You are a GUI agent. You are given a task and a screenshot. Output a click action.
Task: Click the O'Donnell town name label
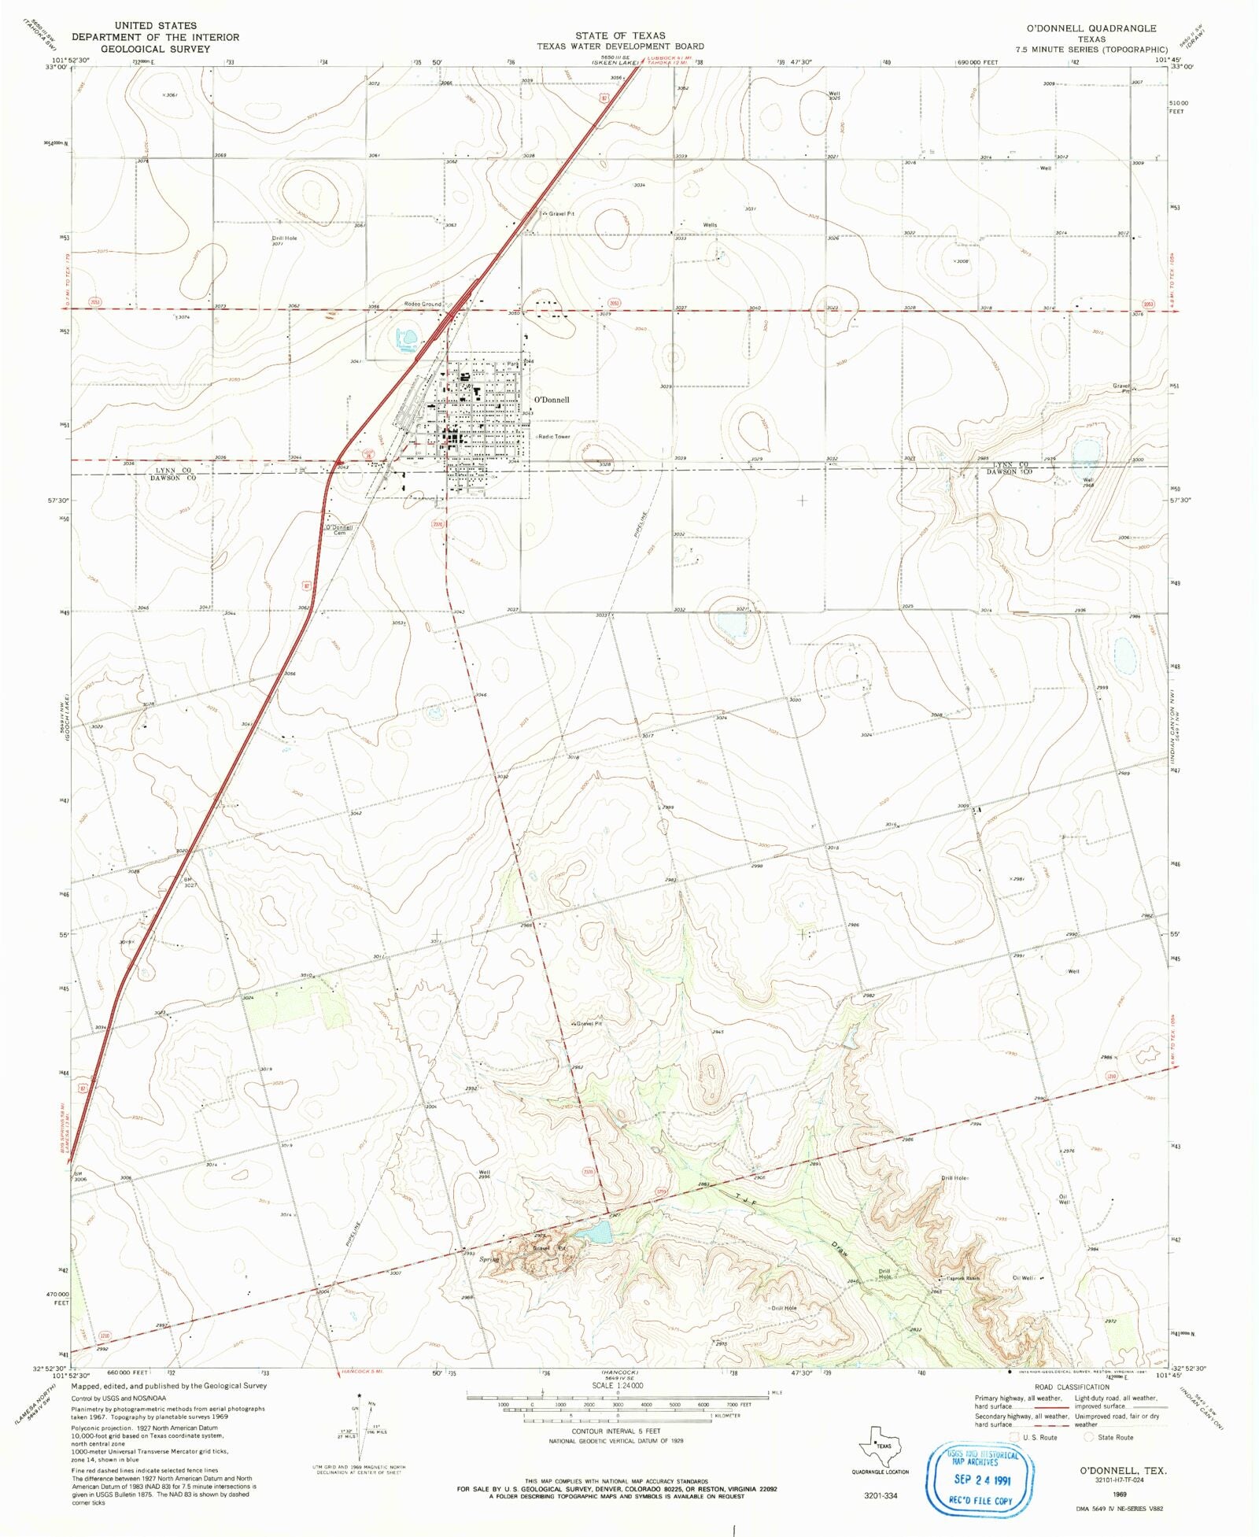[552, 400]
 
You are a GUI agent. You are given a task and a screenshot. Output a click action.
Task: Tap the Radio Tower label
[554, 437]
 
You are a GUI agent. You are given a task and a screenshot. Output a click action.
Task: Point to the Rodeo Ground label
[423, 304]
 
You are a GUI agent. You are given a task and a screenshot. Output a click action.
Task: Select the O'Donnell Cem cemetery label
[340, 530]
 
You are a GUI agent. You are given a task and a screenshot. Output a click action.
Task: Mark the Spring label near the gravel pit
[489, 1259]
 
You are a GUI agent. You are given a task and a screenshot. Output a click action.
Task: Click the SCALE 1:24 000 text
[618, 1385]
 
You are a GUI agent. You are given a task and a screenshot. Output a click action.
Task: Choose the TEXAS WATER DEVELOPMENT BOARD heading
[620, 46]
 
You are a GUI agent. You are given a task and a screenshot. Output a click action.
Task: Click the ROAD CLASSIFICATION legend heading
[1072, 1387]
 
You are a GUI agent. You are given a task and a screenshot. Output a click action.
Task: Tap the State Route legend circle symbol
[1088, 1436]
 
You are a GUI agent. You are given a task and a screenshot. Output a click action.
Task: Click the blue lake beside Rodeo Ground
[407, 339]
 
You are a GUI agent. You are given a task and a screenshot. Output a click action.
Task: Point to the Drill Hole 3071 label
[284, 240]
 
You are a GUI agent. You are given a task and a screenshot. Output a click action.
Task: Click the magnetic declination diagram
[360, 1430]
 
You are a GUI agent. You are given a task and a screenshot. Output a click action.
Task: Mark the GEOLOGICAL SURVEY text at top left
[156, 49]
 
